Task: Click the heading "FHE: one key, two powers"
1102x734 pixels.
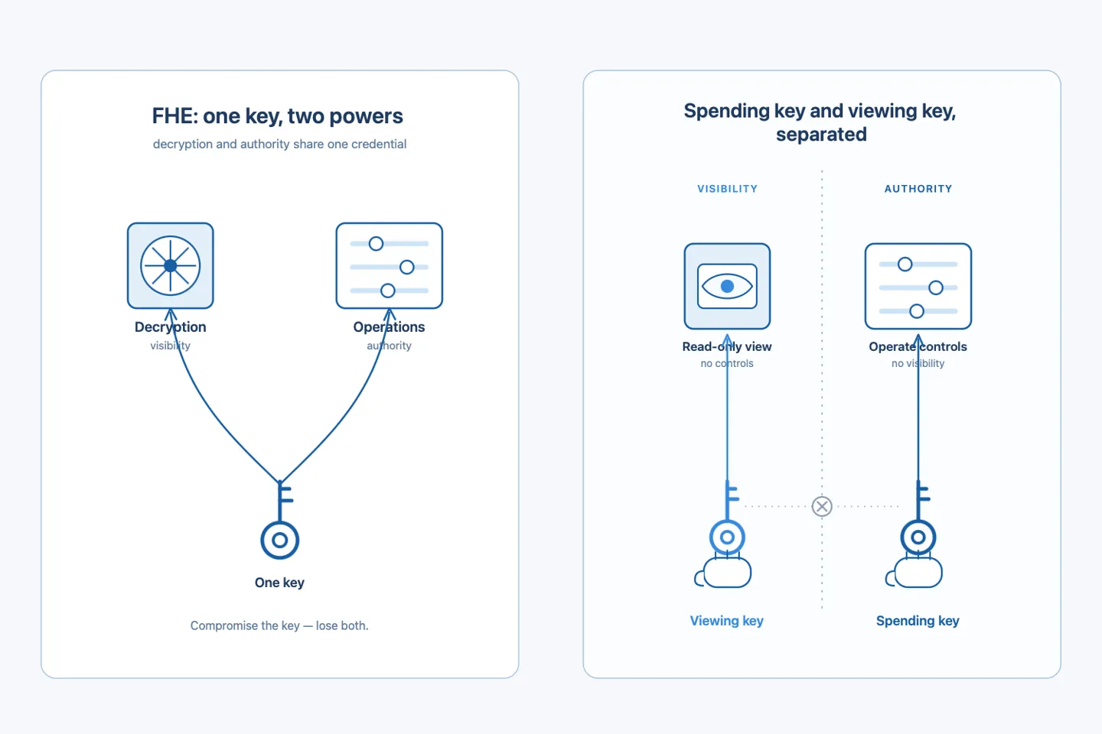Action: coord(278,116)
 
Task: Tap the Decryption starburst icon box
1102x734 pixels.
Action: coord(170,265)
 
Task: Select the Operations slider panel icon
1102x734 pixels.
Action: coord(389,265)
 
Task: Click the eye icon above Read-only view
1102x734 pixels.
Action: coord(727,286)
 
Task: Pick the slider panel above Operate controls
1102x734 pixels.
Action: coord(918,286)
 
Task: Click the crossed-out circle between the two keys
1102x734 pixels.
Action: coord(822,506)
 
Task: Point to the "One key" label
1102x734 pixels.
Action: coord(279,583)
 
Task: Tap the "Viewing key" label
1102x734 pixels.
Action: coord(727,621)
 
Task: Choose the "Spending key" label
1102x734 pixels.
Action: coord(918,621)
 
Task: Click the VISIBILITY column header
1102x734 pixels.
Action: coord(727,189)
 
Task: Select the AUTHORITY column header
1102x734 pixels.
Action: coord(918,189)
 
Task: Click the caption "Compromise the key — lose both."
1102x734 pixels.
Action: coord(279,625)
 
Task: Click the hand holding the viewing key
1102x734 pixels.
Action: coord(723,572)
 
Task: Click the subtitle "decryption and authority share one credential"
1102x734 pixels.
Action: coord(279,144)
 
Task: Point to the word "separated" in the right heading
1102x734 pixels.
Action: coord(821,135)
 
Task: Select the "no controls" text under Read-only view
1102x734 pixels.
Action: coord(727,363)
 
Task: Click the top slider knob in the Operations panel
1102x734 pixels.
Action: coord(376,243)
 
